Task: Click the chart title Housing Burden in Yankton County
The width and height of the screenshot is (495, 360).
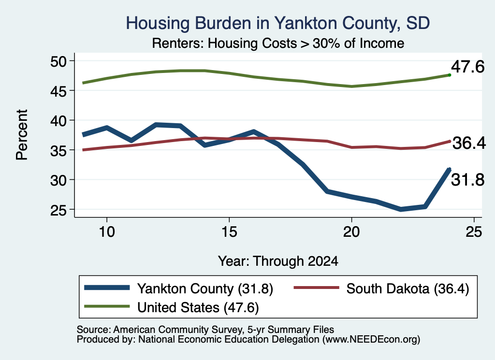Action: pos(278,23)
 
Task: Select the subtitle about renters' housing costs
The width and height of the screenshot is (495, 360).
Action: pos(278,43)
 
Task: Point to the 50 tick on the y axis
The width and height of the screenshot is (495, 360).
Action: pos(58,61)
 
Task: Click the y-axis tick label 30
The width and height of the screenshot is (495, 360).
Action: pos(58,180)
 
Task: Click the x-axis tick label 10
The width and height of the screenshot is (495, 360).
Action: pos(107,232)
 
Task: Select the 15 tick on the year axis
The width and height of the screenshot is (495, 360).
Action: pos(229,232)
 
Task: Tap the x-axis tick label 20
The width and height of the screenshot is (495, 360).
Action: pos(351,232)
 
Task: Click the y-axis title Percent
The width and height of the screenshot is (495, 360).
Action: pos(22,135)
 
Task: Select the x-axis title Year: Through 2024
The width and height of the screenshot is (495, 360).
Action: pos(278,261)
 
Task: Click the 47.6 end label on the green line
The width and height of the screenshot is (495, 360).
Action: pos(467,67)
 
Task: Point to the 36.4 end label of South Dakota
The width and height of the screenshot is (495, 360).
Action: pos(469,143)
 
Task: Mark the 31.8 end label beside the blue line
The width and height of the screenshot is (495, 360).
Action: pos(467,180)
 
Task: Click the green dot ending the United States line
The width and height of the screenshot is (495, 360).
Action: pos(450,75)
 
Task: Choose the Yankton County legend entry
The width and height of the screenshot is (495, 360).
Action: pos(178,288)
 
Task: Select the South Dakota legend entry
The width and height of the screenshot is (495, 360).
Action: pos(381,288)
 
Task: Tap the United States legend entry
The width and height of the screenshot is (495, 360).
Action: pos(172,307)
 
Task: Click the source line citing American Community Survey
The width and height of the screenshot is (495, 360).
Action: pos(205,330)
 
